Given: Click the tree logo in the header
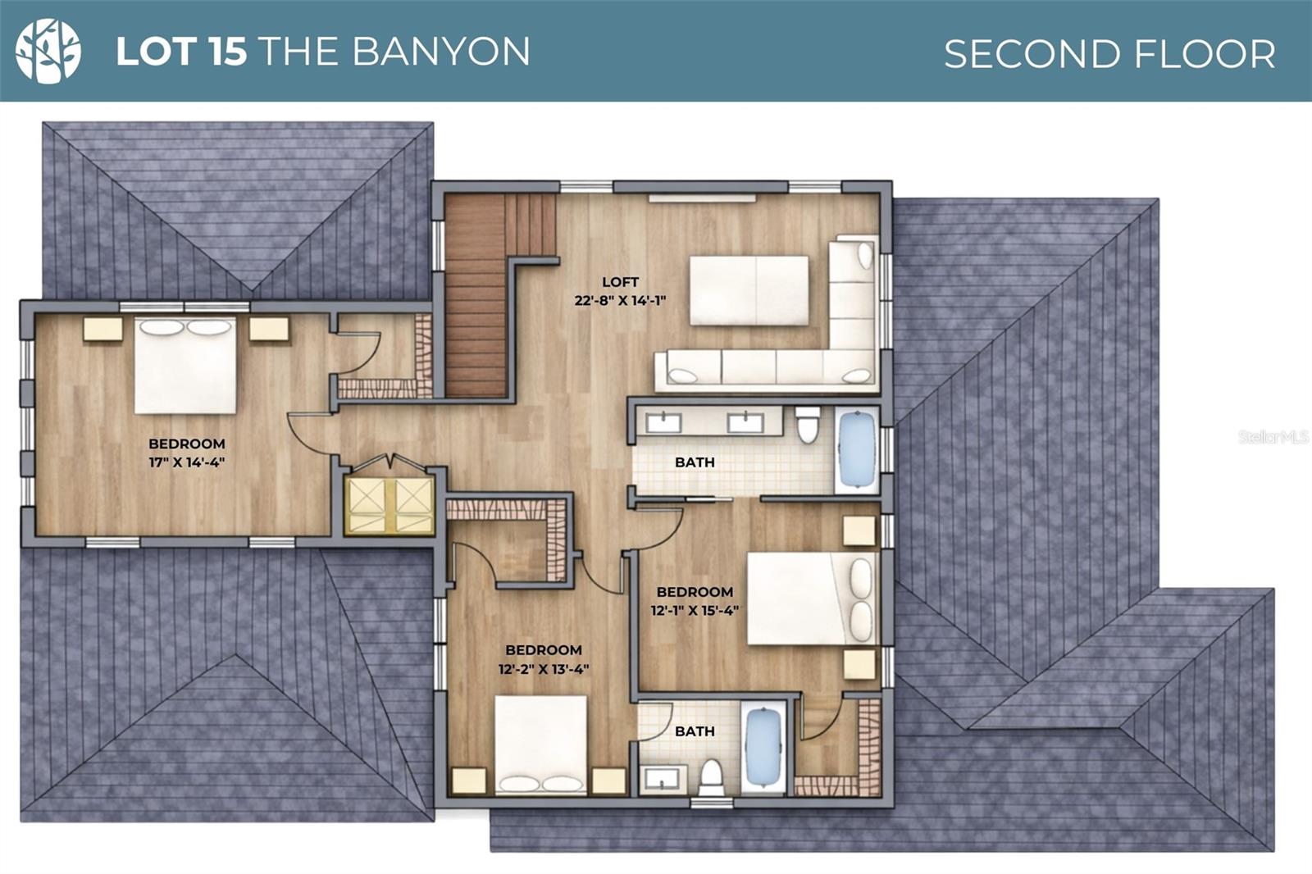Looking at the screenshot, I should (x=48, y=51).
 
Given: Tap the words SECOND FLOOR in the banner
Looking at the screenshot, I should (x=1109, y=54).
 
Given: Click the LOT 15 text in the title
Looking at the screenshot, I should (x=181, y=52).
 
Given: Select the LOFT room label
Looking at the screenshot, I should (x=620, y=282).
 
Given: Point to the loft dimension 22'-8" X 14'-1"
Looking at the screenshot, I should (x=620, y=301).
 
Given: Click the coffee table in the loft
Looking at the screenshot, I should (x=749, y=290).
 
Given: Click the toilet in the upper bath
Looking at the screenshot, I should (x=808, y=424).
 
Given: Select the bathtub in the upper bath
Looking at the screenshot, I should (x=857, y=449).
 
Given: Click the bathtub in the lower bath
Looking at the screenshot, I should (x=763, y=746).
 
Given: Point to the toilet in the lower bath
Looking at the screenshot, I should (x=711, y=775).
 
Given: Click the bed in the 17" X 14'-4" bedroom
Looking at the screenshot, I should (x=185, y=366).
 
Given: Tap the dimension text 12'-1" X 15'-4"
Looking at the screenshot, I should (x=695, y=610).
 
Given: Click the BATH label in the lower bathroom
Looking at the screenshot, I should (x=695, y=731).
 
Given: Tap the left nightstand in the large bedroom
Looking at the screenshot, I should (x=102, y=329).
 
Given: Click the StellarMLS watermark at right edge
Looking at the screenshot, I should (x=1273, y=437).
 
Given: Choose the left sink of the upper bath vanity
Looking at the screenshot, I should (x=663, y=423).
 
